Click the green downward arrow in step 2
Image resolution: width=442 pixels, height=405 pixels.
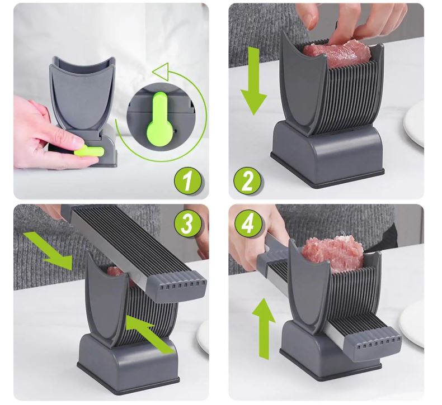coord(253,82)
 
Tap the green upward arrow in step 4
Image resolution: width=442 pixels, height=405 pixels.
coord(264,328)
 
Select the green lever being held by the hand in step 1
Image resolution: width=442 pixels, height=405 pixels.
coord(90,153)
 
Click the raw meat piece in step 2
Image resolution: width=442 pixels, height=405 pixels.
coord(337,51)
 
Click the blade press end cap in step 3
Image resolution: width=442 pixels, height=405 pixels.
coord(177,285)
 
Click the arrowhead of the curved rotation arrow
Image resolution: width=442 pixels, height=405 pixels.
coord(161,70)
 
